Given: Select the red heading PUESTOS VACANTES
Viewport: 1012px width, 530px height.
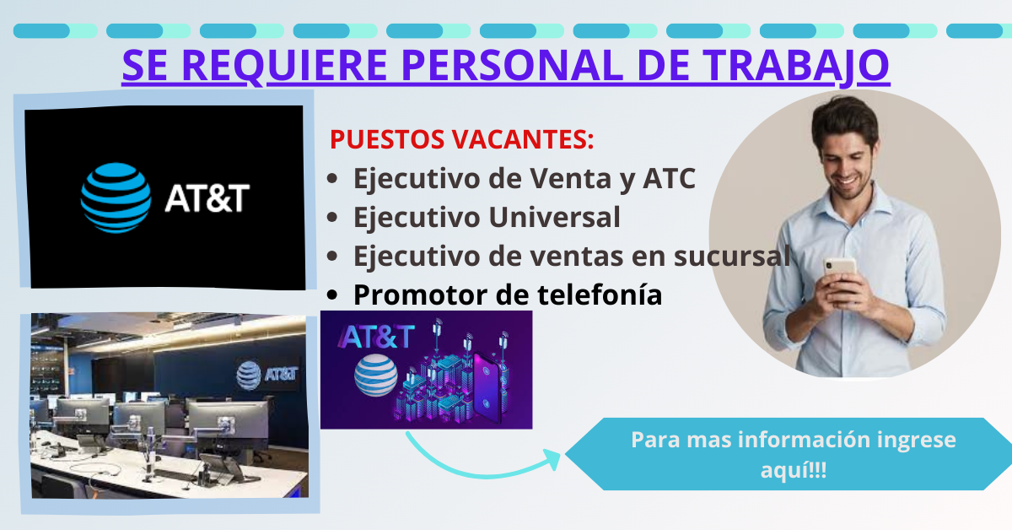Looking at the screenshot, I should (x=461, y=139).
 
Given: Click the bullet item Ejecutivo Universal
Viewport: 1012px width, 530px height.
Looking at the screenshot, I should (x=487, y=218).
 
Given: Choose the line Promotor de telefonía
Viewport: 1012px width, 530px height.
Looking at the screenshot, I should (x=507, y=295).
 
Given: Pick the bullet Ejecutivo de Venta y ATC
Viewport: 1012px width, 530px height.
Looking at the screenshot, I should (x=524, y=179).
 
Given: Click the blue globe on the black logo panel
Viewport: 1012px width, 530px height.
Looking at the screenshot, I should (x=116, y=197).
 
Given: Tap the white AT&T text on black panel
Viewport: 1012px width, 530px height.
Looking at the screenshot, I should (x=207, y=198).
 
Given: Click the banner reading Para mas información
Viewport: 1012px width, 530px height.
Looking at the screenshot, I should (x=793, y=454).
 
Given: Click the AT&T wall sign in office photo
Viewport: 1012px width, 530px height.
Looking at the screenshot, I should (x=268, y=371).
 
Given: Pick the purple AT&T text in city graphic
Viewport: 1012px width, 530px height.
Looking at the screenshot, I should (x=377, y=337).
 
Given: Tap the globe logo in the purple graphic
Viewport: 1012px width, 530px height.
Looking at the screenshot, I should (x=374, y=376).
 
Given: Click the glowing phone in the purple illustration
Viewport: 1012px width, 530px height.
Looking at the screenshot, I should (x=487, y=384).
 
